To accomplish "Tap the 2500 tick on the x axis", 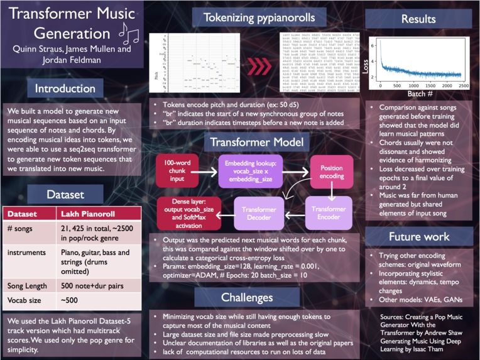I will (x=464, y=85).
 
